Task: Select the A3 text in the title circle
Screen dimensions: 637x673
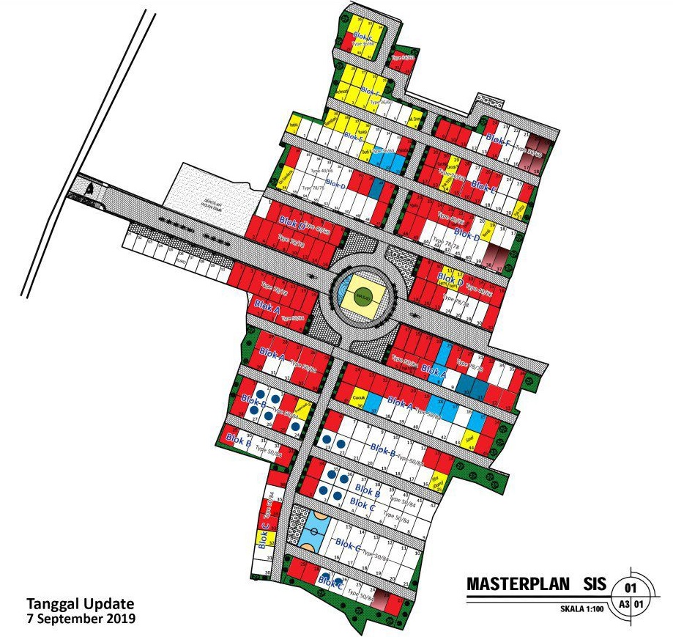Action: [624, 605]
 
